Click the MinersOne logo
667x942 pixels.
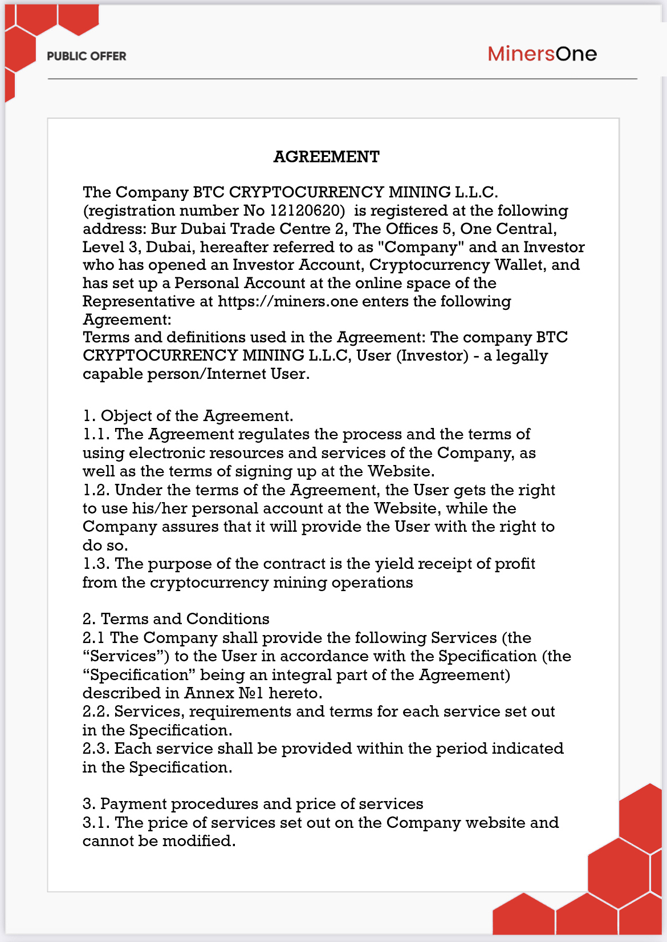tap(542, 54)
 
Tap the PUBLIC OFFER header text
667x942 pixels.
tap(87, 56)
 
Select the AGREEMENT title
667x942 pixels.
tap(327, 156)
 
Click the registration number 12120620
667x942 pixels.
tap(307, 211)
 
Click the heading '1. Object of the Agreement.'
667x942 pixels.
tap(188, 416)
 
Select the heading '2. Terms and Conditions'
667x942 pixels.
tap(176, 619)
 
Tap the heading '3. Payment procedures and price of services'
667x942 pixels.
tap(253, 804)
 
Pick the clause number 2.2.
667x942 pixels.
tap(96, 711)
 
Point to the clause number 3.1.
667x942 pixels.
tap(96, 823)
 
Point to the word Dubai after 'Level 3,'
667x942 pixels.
tap(168, 247)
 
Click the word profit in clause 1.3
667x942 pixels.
tap(515, 564)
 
